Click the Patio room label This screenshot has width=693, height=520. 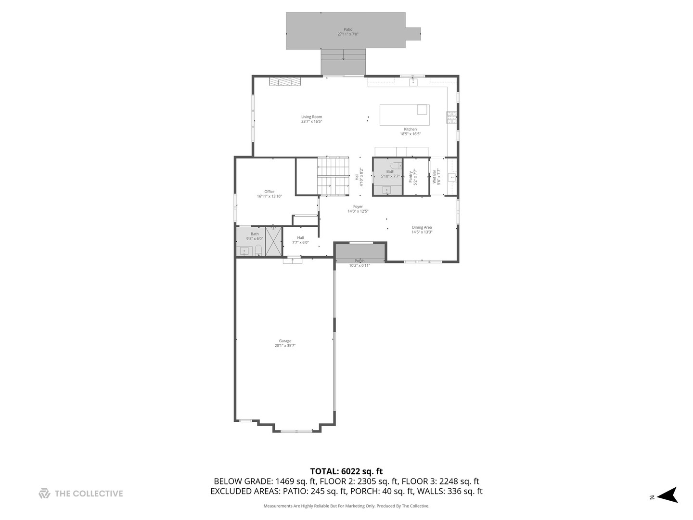pyautogui.click(x=347, y=29)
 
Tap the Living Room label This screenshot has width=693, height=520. pyautogui.click(x=311, y=117)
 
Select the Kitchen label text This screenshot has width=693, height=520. pyautogui.click(x=410, y=129)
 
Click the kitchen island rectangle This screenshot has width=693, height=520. pyautogui.click(x=404, y=115)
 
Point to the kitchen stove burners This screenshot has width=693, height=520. pyautogui.click(x=451, y=117)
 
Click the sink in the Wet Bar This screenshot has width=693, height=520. pyautogui.click(x=451, y=177)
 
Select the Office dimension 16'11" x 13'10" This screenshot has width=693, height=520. pyautogui.click(x=269, y=196)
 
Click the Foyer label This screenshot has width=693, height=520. pyautogui.click(x=358, y=207)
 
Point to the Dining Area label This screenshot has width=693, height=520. pyautogui.click(x=422, y=227)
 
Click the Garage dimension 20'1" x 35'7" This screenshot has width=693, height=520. pyautogui.click(x=285, y=346)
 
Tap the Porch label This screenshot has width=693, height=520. pyautogui.click(x=359, y=261)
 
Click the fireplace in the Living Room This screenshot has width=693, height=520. pyautogui.click(x=285, y=82)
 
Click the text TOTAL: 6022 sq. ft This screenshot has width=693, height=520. pyautogui.click(x=346, y=471)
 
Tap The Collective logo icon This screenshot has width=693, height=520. pyautogui.click(x=44, y=494)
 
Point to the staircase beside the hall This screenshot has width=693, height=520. pyautogui.click(x=333, y=176)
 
